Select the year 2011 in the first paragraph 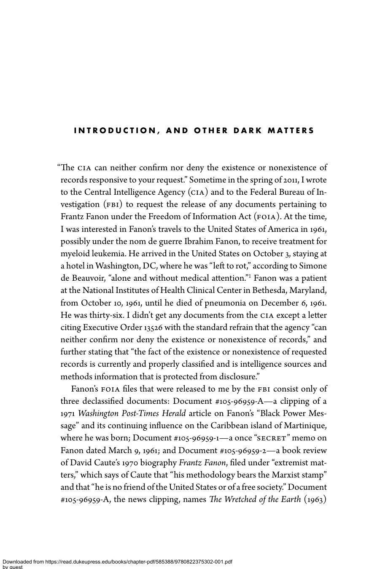point(290,180)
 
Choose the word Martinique point(305,426)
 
